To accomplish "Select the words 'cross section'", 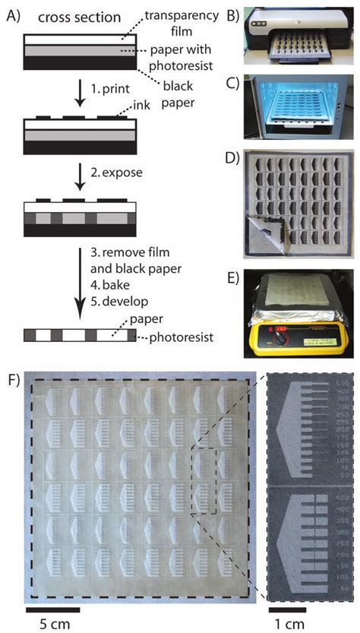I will [x=70, y=16].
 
